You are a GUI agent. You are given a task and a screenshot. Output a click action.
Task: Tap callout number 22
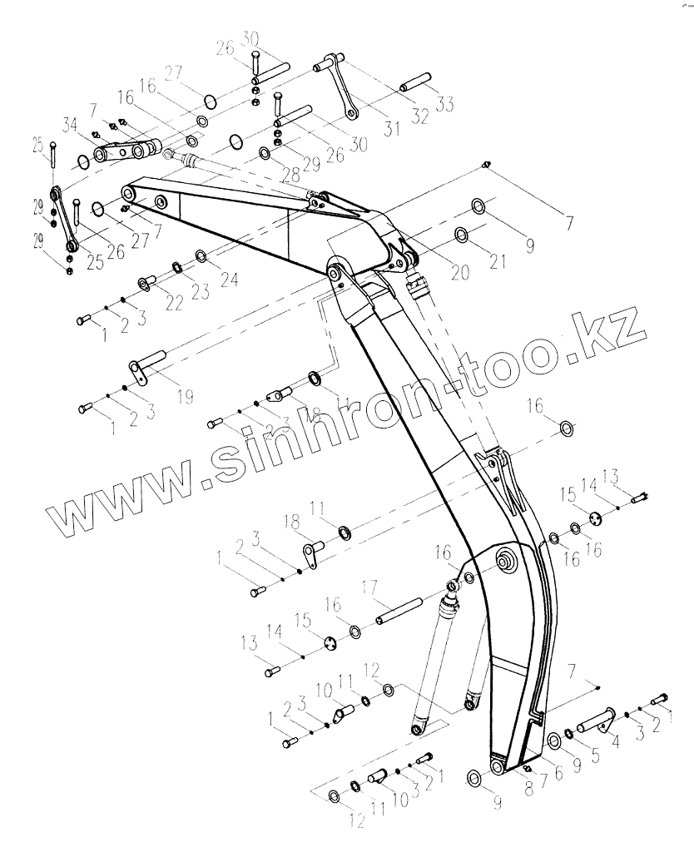173,303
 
